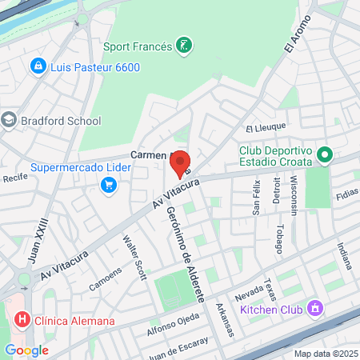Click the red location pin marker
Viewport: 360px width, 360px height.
(x=181, y=163)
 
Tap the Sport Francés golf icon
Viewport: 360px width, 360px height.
(x=185, y=46)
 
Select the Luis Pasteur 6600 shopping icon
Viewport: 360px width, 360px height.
(x=37, y=66)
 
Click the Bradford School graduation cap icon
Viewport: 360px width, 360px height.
(x=9, y=121)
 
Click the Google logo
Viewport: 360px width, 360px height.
(x=26, y=350)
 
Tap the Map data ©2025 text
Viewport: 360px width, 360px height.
(x=325, y=354)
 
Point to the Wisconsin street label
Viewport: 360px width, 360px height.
(x=294, y=197)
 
